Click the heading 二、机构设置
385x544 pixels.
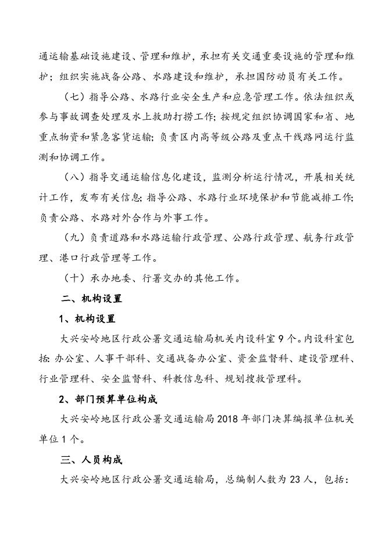[91, 298]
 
